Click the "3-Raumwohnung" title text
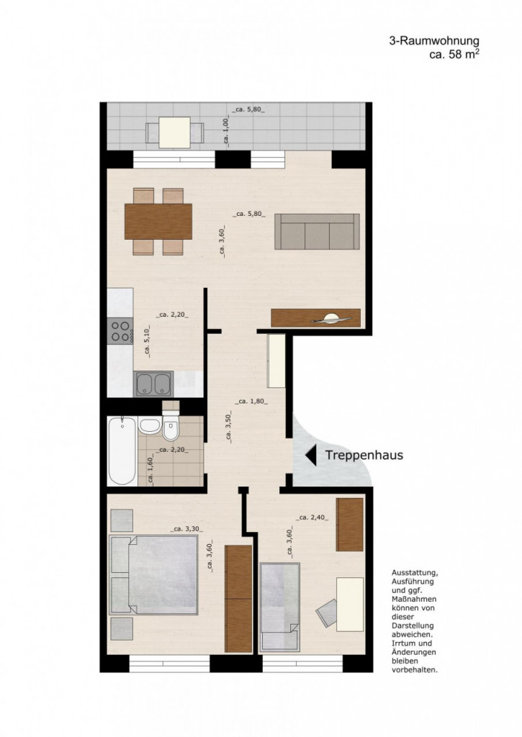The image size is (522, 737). [x=434, y=41]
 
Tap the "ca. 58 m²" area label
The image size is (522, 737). [x=454, y=54]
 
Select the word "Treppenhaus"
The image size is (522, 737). [x=364, y=455]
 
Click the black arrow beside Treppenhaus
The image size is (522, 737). [x=310, y=456]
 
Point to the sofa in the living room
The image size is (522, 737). [x=317, y=232]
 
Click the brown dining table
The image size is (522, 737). [x=158, y=222]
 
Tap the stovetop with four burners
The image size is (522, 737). [x=120, y=331]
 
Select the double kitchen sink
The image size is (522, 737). [x=153, y=384]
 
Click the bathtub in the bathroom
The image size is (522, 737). [x=122, y=451]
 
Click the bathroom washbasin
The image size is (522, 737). [x=150, y=426]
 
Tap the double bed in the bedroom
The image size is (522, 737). [x=153, y=574]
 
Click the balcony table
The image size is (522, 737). [x=174, y=132]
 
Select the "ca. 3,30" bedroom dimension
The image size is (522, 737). [x=186, y=529]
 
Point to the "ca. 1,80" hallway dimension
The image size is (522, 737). [x=252, y=402]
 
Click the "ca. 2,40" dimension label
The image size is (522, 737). [x=312, y=517]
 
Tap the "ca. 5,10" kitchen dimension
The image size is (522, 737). [x=147, y=342]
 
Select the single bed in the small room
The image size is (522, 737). [x=280, y=607]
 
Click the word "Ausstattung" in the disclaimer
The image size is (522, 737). [x=415, y=573]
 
